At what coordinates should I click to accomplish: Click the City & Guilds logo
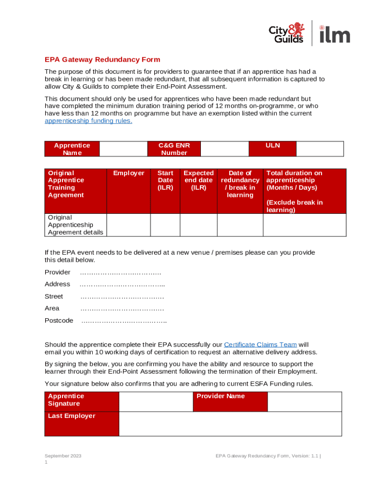click(x=286, y=33)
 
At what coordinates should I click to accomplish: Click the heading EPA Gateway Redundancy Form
click(x=102, y=60)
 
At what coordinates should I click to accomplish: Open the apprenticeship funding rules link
click(x=88, y=121)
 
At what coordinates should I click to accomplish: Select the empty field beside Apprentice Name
click(x=123, y=149)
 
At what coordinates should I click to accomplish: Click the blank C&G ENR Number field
click(x=224, y=149)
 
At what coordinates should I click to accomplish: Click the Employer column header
click(x=128, y=173)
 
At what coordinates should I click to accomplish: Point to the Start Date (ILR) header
click(x=165, y=180)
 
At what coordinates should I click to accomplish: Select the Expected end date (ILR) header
click(x=198, y=180)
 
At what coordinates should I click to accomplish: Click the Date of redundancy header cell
click(x=240, y=184)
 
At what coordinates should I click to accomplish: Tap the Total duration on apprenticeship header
click(x=304, y=191)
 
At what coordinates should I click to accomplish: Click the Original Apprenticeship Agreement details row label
click(x=75, y=225)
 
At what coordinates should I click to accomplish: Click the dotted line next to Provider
click(x=121, y=272)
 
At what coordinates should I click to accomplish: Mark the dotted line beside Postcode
click(x=124, y=321)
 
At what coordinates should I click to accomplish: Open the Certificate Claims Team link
click(x=260, y=345)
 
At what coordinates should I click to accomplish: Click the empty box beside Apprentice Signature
click(x=156, y=402)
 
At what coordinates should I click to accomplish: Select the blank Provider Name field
click(x=304, y=402)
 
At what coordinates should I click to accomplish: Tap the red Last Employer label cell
click(x=82, y=424)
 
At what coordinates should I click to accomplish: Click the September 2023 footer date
click(x=63, y=455)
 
